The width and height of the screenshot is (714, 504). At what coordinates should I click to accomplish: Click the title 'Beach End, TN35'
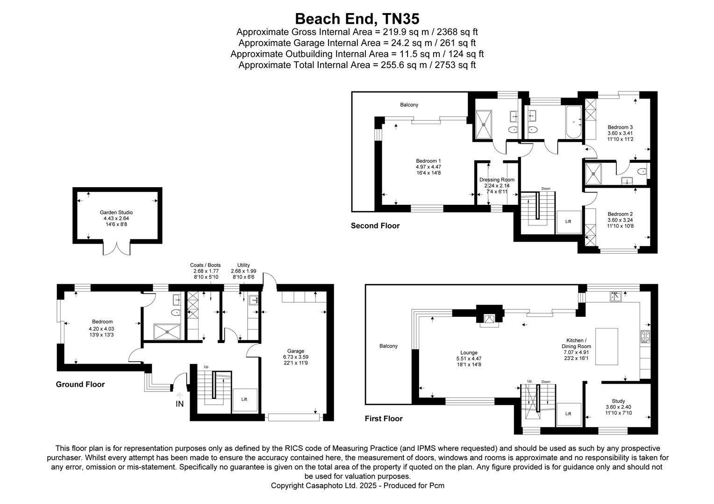[x=357, y=19]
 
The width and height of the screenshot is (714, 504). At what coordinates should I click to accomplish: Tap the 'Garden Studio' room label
[x=116, y=213]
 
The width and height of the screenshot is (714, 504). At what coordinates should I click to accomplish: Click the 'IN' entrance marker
[x=180, y=404]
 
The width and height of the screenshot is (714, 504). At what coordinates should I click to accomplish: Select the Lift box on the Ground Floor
[x=244, y=399]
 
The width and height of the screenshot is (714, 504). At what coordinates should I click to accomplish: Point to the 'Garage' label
[x=295, y=351]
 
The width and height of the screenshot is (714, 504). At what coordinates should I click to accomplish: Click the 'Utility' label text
[x=243, y=265]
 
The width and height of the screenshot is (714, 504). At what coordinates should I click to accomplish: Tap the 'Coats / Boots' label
[x=206, y=265]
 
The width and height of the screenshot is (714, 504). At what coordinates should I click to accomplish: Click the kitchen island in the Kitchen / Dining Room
[x=607, y=346]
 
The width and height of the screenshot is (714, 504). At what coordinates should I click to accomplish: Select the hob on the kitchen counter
[x=645, y=336]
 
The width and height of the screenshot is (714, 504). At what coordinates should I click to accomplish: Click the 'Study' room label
[x=618, y=401]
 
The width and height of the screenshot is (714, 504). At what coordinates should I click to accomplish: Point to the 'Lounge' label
[x=469, y=353]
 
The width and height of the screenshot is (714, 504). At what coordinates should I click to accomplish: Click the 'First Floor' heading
[x=383, y=419]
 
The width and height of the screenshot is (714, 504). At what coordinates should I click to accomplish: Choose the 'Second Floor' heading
[x=375, y=226]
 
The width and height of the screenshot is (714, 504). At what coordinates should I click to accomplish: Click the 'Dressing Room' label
[x=497, y=180]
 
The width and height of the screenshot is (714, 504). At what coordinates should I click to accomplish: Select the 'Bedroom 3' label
[x=620, y=127]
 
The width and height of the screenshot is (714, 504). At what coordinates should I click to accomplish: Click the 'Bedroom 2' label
[x=620, y=214]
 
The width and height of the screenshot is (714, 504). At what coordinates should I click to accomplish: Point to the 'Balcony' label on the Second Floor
[x=409, y=105]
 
